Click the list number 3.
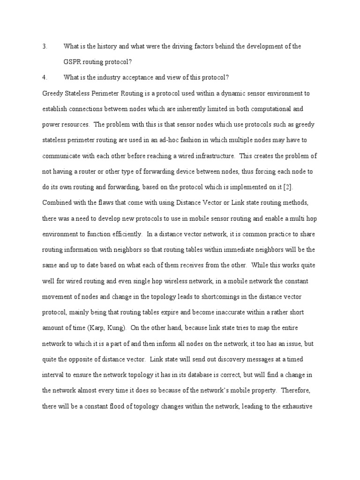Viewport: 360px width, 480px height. pyautogui.click(x=45, y=46)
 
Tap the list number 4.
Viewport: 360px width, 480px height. pyautogui.click(x=45, y=77)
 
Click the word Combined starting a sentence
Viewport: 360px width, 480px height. pyautogui.click(x=57, y=203)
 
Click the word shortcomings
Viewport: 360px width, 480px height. pyautogui.click(x=202, y=297)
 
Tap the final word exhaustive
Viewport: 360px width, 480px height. pyautogui.click(x=303, y=390)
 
